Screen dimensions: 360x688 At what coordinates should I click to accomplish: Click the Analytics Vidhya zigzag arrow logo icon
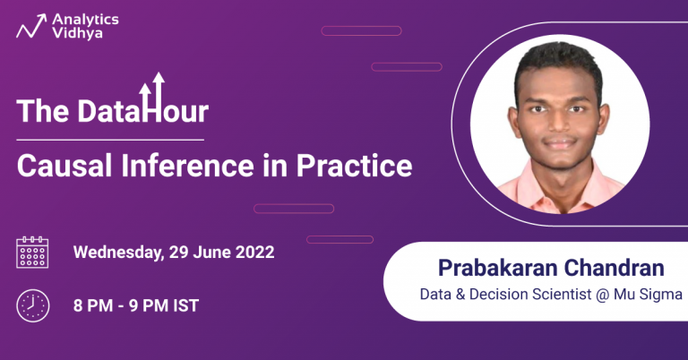point(31,26)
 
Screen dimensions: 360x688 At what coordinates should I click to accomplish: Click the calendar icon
point(33,253)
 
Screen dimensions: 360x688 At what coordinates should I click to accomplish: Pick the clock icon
point(33,305)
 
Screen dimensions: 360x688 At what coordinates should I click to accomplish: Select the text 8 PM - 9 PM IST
point(135,305)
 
